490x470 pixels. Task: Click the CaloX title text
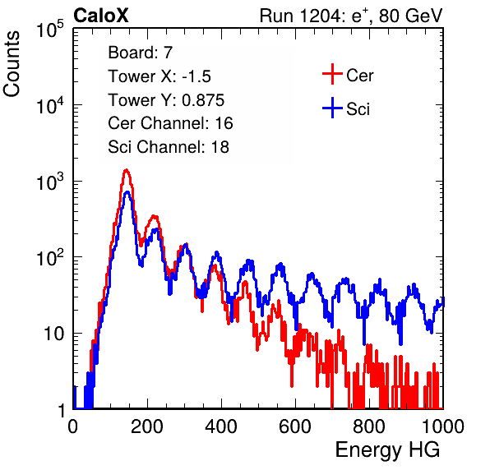point(101,16)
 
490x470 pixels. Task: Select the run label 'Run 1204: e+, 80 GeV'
point(351,16)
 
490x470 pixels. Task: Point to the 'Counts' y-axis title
point(12,64)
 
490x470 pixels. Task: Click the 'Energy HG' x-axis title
point(387,450)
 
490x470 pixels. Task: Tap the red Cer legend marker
point(332,74)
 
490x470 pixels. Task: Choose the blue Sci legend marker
point(332,108)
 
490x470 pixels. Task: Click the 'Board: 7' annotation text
point(141,53)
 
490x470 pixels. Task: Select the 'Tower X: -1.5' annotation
point(159,76)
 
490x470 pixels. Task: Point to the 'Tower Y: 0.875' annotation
point(166,100)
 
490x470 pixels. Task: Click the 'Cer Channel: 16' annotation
point(170,123)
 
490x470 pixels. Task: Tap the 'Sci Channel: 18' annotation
point(169,147)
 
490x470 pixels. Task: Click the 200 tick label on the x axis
point(147,426)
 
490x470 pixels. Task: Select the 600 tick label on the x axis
point(295,426)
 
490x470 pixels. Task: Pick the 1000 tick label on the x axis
point(443,426)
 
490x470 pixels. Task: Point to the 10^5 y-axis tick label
point(50,30)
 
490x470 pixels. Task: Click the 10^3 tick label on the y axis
point(50,182)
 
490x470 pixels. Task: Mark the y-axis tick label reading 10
point(53,334)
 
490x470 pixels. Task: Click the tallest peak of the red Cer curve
point(126,170)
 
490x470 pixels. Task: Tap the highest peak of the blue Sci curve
point(127,192)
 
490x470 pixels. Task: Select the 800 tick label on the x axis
point(369,426)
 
